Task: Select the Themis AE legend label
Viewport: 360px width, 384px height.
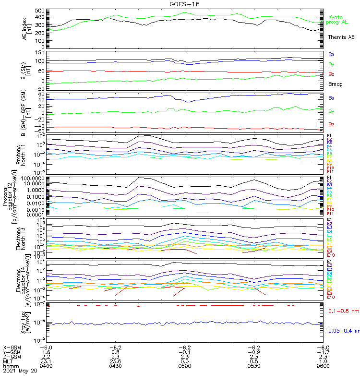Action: [x=341, y=37]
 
